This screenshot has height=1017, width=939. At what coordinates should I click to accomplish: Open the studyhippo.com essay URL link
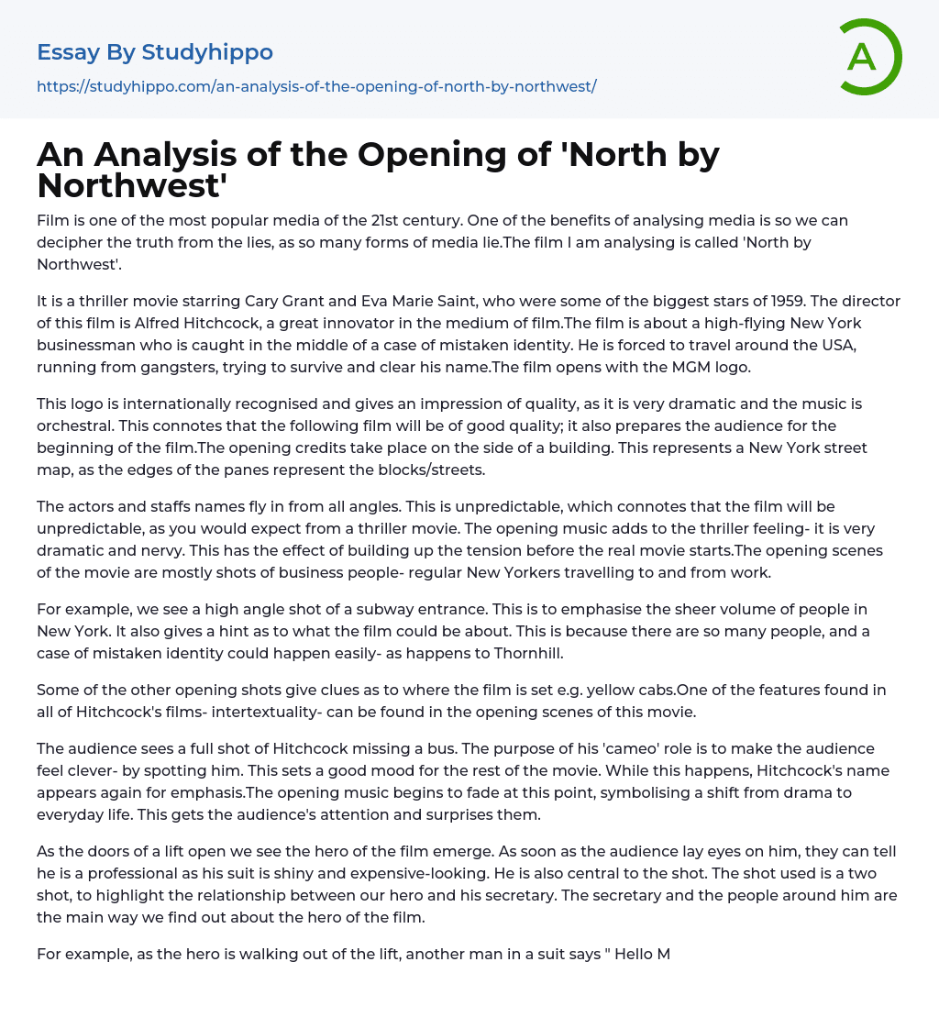click(316, 86)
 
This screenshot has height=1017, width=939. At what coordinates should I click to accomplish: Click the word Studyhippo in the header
click(207, 52)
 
